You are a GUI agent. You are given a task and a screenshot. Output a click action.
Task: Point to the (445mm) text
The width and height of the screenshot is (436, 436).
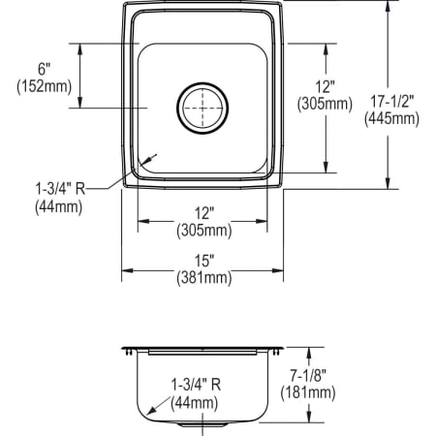click(x=392, y=119)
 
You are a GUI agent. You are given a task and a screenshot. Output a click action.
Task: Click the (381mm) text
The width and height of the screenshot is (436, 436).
click(x=202, y=278)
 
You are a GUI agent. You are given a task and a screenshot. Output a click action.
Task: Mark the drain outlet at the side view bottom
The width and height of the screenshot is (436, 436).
click(x=202, y=420)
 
